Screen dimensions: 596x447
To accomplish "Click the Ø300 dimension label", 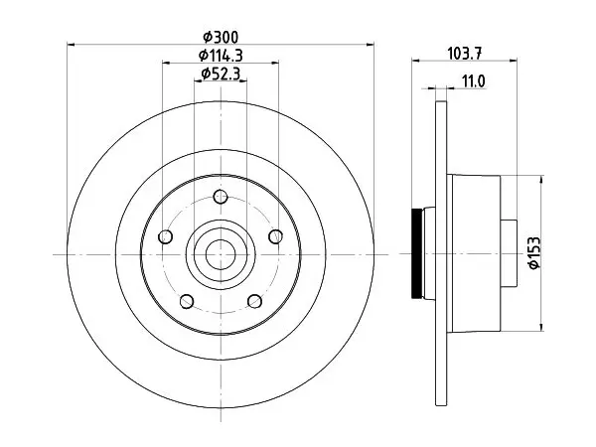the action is pos(221,38).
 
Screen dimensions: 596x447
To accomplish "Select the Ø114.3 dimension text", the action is pos(221,56).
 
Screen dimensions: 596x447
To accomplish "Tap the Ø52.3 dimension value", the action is pos(221,74).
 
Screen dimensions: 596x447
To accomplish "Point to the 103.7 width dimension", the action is pos(465,53).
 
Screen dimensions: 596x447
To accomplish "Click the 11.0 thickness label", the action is pos(474,81).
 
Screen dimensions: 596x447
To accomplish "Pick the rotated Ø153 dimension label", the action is pos(534,252).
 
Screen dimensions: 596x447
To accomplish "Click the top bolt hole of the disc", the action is pos(221,197).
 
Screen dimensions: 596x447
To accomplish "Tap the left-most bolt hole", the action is pos(165,237).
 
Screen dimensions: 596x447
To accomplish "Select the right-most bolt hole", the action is pos(275,236).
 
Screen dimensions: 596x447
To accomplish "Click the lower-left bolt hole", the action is pos(187,301).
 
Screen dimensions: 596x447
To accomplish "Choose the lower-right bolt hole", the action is pos(254,301).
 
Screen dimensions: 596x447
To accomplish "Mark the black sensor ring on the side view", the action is pos(416,253).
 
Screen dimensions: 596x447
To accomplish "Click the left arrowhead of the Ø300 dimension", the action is pos(72,45).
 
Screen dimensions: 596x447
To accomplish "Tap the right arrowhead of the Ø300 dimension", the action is pos(370,45).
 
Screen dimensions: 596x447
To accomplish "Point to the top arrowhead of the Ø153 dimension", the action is pos(541,180).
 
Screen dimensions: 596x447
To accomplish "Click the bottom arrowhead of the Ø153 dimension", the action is pos(541,327).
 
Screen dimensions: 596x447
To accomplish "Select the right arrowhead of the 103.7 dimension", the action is pos(514,60).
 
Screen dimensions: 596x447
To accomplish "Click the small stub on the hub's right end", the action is pos(509,253).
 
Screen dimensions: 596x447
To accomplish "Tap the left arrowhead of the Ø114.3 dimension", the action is pos(167,63).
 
